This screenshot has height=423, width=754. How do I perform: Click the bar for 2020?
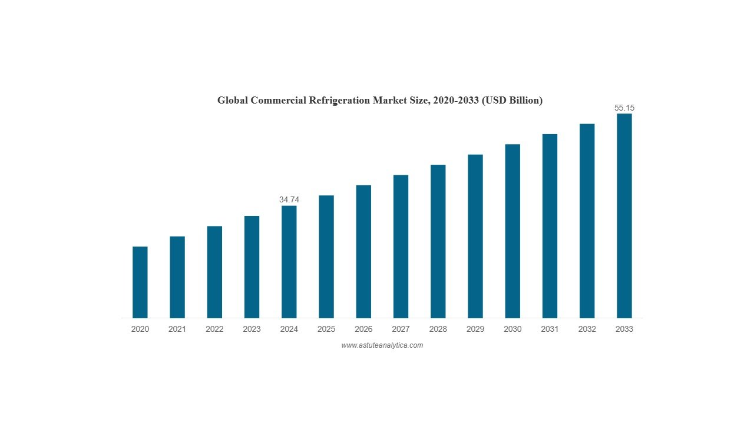point(140,282)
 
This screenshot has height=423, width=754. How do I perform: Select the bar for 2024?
point(289,262)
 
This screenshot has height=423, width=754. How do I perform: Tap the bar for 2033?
point(624,216)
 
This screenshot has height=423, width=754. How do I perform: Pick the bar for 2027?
point(401,247)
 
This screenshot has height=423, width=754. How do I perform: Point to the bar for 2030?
point(512,231)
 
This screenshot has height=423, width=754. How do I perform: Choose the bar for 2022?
point(214,272)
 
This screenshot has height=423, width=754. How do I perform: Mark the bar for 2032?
point(587,221)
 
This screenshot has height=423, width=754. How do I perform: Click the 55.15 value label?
point(624,108)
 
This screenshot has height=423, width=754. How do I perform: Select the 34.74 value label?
point(289,200)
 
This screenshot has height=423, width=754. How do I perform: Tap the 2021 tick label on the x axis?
point(177,329)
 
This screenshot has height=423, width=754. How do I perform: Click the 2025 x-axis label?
point(326,329)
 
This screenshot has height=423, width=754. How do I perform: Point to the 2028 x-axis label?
point(438,329)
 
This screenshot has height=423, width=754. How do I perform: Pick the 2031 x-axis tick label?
point(550,329)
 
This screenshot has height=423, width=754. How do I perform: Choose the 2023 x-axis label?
point(252,329)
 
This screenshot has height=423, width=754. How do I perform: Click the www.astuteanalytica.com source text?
point(382,345)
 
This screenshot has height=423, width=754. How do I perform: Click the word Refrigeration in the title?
point(338,101)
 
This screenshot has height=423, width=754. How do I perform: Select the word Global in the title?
point(233,101)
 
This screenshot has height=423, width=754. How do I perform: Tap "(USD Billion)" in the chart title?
point(512,101)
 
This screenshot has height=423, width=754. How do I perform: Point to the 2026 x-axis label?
point(363,329)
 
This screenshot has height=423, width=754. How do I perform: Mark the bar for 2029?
point(475,236)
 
